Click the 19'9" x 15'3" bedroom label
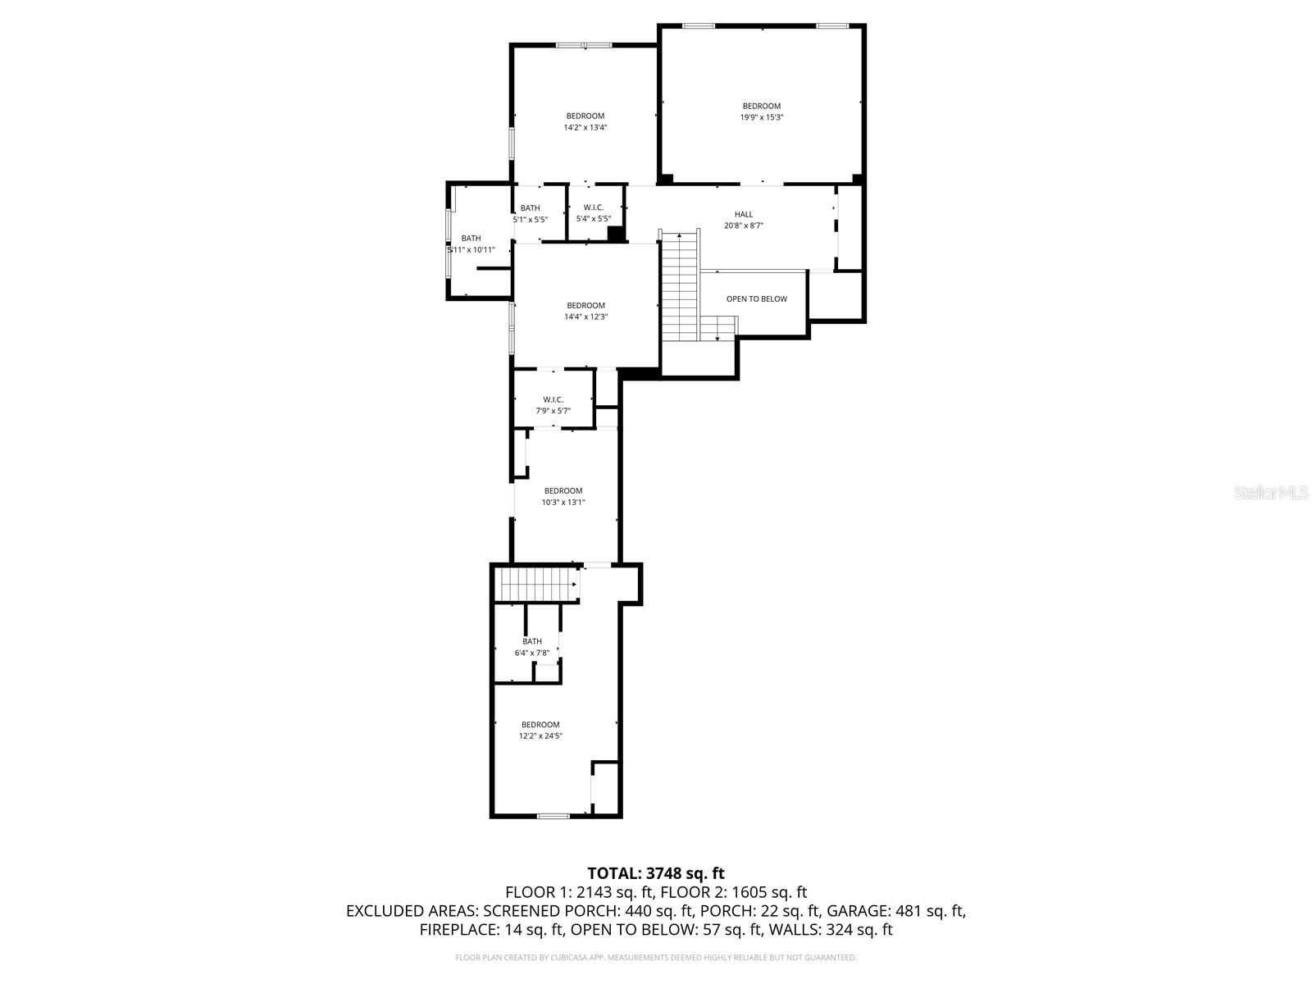click(761, 112)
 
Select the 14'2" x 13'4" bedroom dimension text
click(585, 127)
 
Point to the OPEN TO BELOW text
click(756, 299)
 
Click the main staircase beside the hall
click(679, 287)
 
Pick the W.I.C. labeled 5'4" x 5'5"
click(593, 213)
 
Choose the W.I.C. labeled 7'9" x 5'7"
click(553, 405)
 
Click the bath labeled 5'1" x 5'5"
click(530, 213)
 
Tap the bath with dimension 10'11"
click(471, 244)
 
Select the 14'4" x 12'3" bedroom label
click(585, 311)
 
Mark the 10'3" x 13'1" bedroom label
click(563, 496)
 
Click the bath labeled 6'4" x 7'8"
click(532, 647)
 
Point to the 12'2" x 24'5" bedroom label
click(540, 730)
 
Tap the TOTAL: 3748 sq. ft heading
click(656, 873)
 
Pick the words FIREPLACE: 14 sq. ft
click(491, 930)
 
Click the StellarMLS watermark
click(1271, 493)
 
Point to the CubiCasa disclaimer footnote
click(656, 957)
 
